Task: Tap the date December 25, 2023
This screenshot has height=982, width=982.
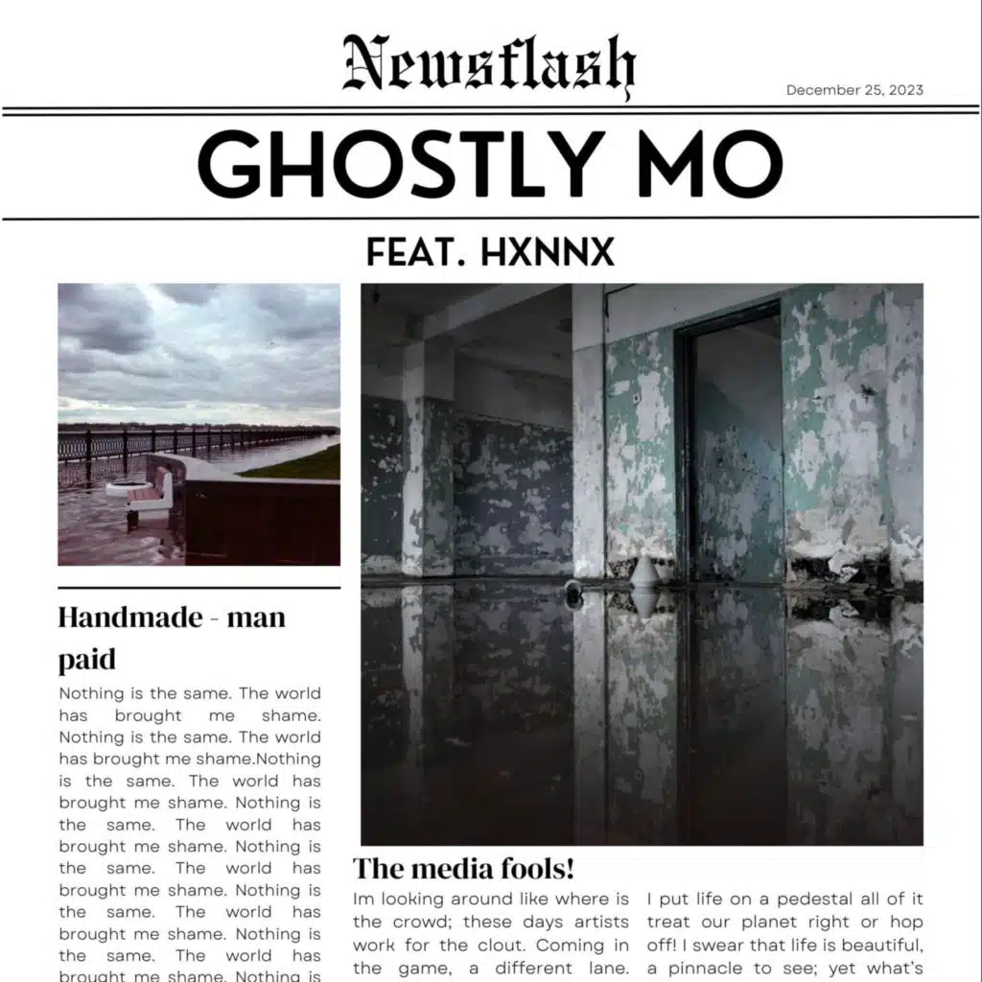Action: pos(854,90)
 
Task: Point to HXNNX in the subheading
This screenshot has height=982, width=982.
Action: pos(547,252)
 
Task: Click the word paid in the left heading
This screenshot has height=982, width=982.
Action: pos(86,660)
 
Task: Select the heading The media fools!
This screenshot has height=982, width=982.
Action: pos(463,869)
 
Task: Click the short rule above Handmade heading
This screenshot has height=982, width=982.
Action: pos(199,587)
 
